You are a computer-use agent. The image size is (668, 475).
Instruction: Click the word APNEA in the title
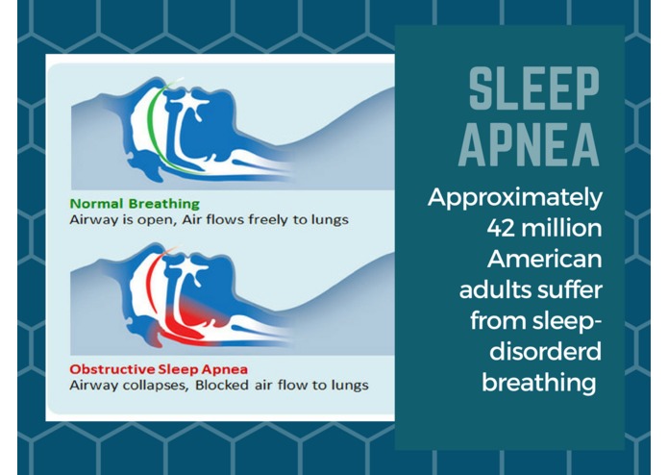click(x=530, y=145)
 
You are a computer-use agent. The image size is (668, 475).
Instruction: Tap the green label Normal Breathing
click(x=135, y=204)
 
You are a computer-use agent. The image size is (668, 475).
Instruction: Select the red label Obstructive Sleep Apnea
click(x=159, y=369)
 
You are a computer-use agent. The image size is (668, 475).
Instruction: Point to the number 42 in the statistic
click(x=501, y=228)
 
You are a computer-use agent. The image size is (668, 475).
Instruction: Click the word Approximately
click(x=515, y=198)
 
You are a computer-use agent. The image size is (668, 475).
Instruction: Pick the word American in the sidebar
click(x=544, y=259)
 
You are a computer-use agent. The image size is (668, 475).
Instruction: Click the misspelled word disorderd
click(x=545, y=352)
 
